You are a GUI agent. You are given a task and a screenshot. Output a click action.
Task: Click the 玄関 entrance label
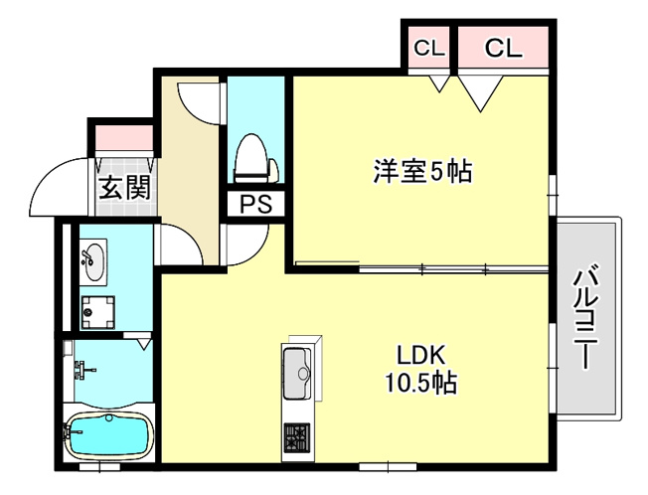pos(125,187)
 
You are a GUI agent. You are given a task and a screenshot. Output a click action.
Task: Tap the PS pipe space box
pos(256,204)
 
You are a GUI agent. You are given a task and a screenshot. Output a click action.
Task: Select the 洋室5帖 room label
pos(422,171)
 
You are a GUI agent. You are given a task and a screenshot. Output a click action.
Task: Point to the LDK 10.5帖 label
pos(421,369)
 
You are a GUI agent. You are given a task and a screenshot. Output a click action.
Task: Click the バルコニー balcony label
pos(585,318)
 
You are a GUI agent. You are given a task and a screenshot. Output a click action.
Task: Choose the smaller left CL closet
pos(429,49)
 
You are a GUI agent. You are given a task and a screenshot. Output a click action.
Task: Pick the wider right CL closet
pos(503,48)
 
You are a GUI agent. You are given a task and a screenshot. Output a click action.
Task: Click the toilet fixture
pos(255,158)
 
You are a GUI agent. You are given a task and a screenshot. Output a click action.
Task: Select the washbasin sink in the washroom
pos(93,262)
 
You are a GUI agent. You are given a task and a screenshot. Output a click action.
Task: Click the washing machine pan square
pos(98,312)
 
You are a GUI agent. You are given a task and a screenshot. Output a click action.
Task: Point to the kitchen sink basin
pos(297,373)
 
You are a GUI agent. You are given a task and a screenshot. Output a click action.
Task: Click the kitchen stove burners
pos(297,437)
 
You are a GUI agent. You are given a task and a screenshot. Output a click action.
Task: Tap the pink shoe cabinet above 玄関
pos(124,137)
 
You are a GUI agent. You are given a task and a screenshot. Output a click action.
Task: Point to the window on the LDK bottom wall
pos(388,467)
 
